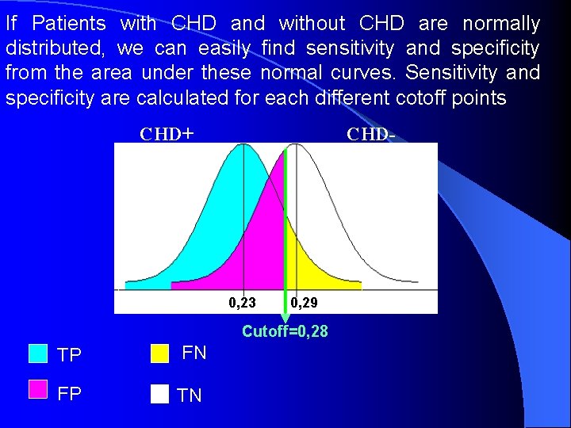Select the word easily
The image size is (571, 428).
coord(224,49)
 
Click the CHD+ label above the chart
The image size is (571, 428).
coord(167,133)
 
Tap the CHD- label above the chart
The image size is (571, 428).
coord(370,133)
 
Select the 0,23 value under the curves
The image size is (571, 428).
coord(242,302)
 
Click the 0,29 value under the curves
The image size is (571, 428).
coord(304,302)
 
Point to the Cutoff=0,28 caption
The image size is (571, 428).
coord(285,331)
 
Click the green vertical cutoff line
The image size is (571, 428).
coord(285,238)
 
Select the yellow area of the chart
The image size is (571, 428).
coord(317,266)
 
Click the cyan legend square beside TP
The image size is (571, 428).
coord(38,353)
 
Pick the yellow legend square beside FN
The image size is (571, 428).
coord(160,353)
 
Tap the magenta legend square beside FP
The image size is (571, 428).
coord(38,388)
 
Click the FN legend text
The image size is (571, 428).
coord(194,353)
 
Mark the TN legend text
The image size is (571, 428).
coord(190,396)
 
